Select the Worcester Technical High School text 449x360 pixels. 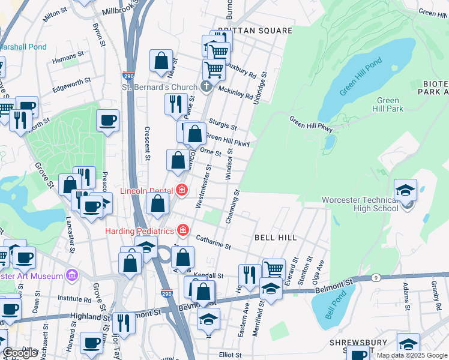click(x=360, y=204)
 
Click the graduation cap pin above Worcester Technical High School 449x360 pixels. click(x=406, y=191)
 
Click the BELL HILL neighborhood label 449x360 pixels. click(x=275, y=238)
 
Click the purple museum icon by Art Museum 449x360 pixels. click(x=72, y=275)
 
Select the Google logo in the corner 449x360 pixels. click(x=20, y=353)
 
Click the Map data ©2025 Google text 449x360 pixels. click(x=412, y=355)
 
